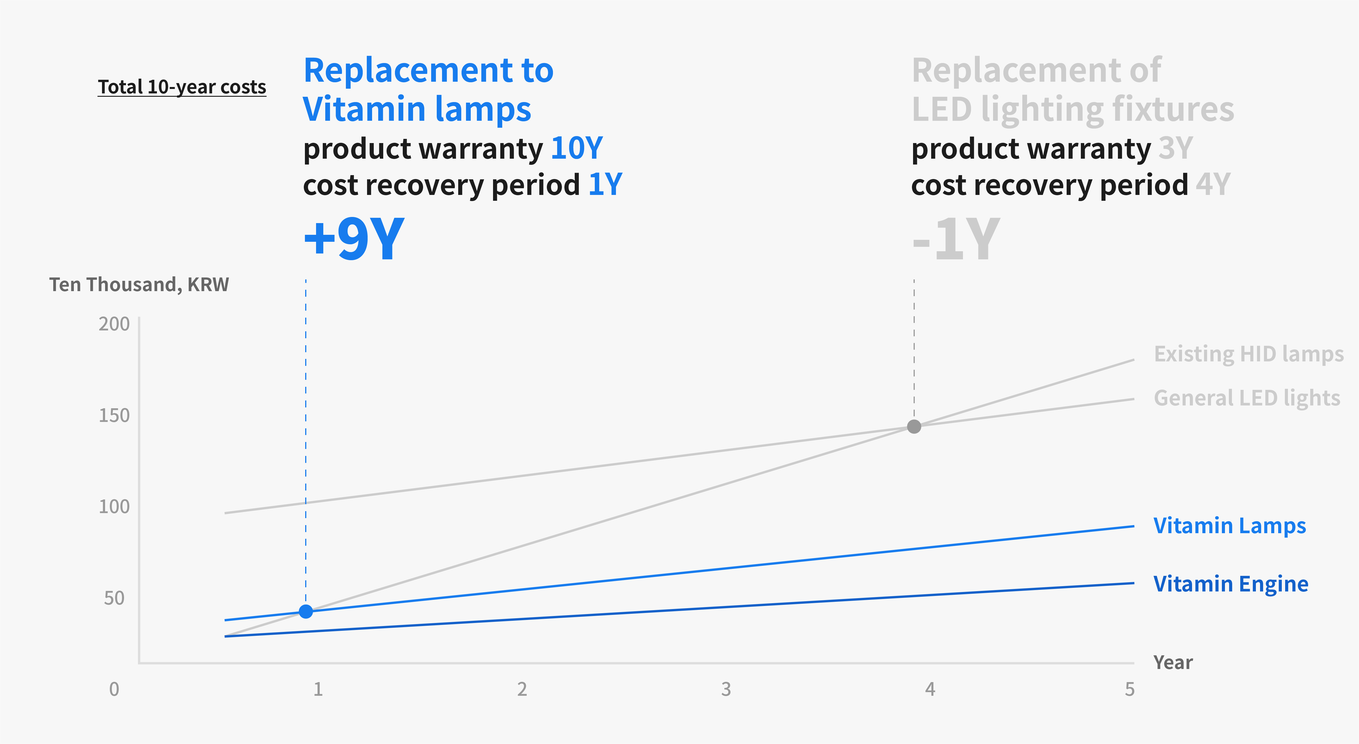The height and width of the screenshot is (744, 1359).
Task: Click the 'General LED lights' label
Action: click(1247, 398)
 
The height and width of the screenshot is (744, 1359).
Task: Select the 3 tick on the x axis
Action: click(726, 689)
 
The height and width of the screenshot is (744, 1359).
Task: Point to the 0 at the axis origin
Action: click(114, 689)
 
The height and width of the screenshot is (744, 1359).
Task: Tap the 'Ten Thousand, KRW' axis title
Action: click(139, 284)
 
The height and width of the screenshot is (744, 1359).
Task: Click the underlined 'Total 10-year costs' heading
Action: click(182, 87)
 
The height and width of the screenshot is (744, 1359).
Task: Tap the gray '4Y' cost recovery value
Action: click(1213, 185)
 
